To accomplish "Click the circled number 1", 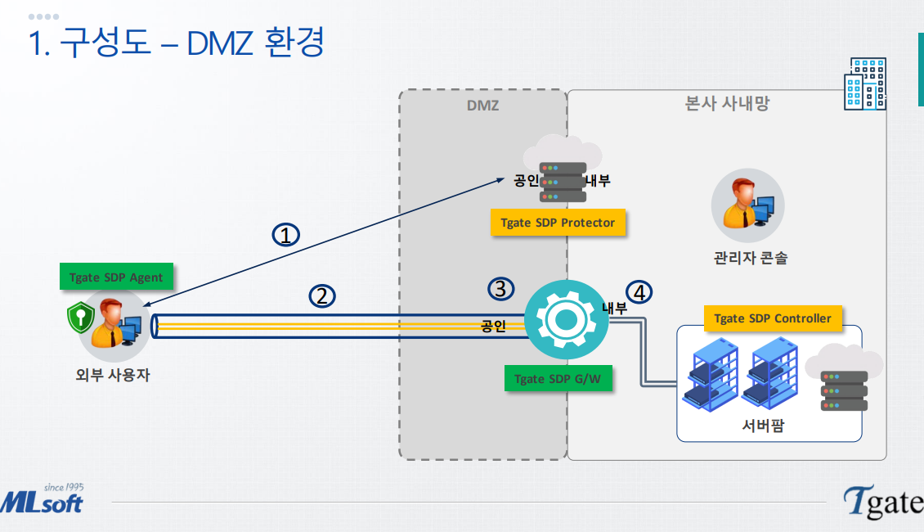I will (285, 236).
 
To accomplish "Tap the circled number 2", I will (322, 296).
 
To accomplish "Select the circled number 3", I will (501, 288).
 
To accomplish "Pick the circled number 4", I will (640, 291).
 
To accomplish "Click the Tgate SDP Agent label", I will (116, 277).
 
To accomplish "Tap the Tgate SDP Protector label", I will (558, 223).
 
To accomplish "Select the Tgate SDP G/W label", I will (558, 379).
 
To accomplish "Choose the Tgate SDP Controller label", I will (772, 318).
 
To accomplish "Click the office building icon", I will (865, 83).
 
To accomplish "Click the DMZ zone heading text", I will (482, 106).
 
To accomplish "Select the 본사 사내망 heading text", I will (727, 104).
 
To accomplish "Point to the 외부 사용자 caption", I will (110, 376).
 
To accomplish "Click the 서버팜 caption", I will (762, 426).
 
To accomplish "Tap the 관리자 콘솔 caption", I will (751, 259).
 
